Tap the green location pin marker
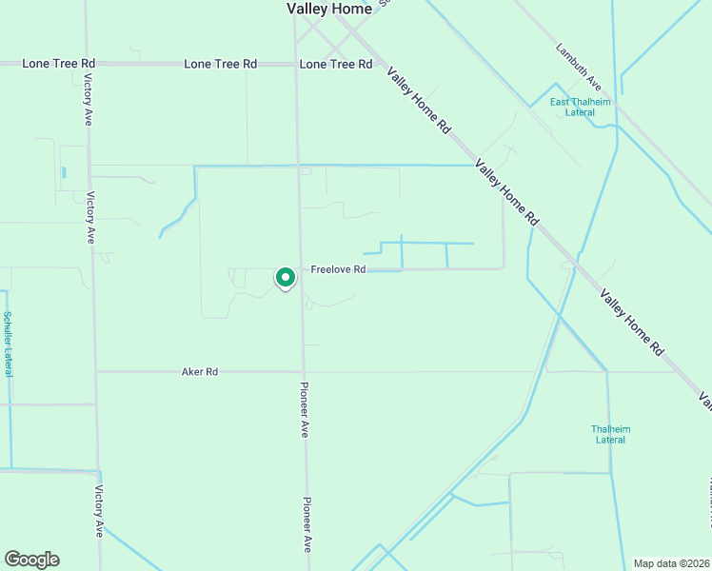coord(285,277)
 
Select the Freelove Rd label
coord(338,269)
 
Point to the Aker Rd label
coord(200,372)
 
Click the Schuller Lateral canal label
coord(8,344)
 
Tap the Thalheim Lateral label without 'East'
coord(610,434)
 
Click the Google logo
coord(31,560)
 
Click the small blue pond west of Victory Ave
coord(64,173)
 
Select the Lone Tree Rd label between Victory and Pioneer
coord(220,64)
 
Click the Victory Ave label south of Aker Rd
coord(98,511)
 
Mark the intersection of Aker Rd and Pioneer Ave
coord(303,372)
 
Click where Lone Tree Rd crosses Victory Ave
coord(87,64)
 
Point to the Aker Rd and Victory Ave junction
coord(95,372)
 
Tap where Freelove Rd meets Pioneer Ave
coord(301,269)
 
